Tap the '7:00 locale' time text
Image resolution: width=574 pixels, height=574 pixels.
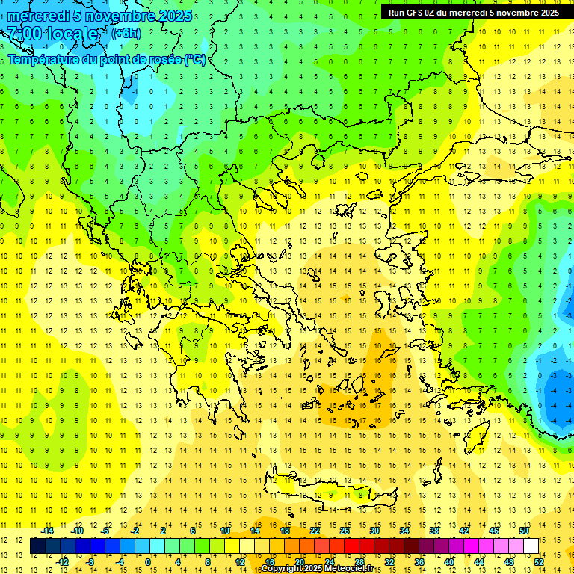tap(53, 34)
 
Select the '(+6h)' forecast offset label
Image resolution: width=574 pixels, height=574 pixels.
tap(125, 33)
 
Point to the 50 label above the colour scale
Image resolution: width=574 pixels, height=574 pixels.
tap(523, 531)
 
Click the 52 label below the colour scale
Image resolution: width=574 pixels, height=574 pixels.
tap(539, 562)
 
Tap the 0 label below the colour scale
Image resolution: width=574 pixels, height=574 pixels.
tap(148, 562)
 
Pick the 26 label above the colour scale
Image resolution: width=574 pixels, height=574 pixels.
tap(345, 531)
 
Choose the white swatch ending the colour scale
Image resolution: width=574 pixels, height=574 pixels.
tap(531, 546)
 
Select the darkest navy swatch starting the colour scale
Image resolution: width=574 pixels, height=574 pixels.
tap(38, 546)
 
